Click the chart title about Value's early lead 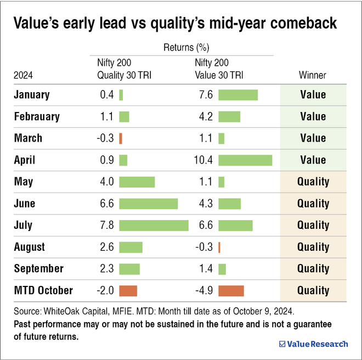pyautogui.click(x=174, y=23)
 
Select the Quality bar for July pyautogui.click(x=154, y=225)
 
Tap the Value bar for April pyautogui.click(x=245, y=160)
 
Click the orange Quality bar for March pyautogui.click(x=121, y=138)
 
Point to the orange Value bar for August pyautogui.click(x=219, y=247)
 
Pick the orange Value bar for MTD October pyautogui.click(x=231, y=290)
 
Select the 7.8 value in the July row pyautogui.click(x=106, y=225)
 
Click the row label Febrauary pyautogui.click(x=37, y=116)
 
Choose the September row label pyautogui.click(x=38, y=269)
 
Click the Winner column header pyautogui.click(x=313, y=75)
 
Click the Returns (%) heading pyautogui.click(x=186, y=48)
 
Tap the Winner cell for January pyautogui.click(x=313, y=94)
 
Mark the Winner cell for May pyautogui.click(x=313, y=182)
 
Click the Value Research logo pyautogui.click(x=313, y=344)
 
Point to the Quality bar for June pyautogui.click(x=148, y=204)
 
